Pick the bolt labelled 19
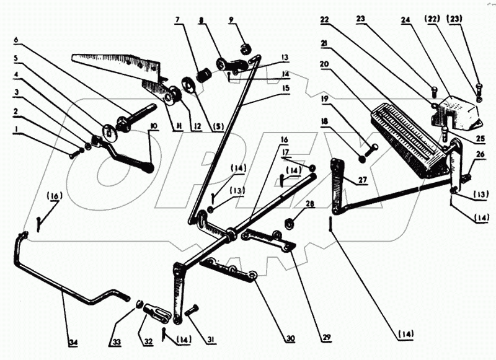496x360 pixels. [x=370, y=149]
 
